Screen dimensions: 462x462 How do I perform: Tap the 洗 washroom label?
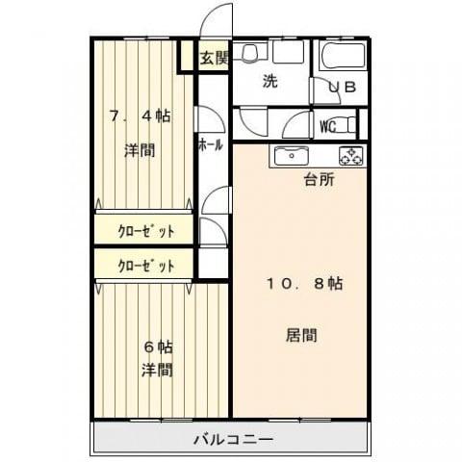click(270, 82)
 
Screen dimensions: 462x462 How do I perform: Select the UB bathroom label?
click(342, 87)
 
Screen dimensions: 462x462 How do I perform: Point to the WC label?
click(327, 124)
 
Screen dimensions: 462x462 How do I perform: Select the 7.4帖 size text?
click(140, 115)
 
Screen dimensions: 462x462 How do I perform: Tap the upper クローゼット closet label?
click(146, 231)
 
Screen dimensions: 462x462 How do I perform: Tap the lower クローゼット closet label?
click(146, 265)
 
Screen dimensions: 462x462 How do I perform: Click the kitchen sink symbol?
click(289, 155)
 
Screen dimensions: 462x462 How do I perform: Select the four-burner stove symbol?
click(348, 154)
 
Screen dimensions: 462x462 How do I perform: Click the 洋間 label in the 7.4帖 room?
click(140, 150)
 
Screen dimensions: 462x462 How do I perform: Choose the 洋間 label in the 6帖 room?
click(157, 370)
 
